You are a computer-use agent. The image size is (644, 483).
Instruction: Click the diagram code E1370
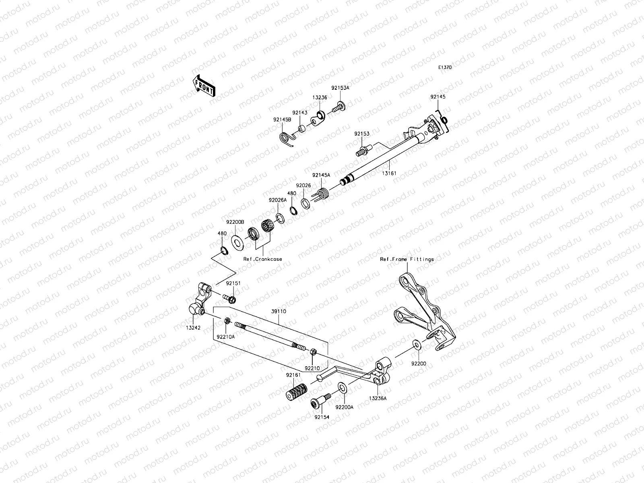coord(445,68)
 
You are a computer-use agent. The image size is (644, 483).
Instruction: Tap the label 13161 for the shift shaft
coord(389,173)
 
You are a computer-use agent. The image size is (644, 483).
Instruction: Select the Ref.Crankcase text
coord(262,259)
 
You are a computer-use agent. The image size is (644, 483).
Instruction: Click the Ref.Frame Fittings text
coord(407,259)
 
